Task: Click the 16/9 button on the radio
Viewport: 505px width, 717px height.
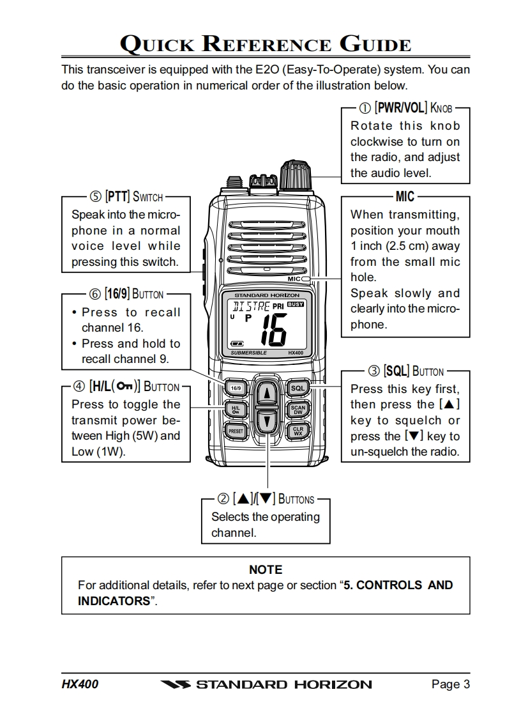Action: click(x=236, y=388)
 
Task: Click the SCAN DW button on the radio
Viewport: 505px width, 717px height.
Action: click(x=298, y=410)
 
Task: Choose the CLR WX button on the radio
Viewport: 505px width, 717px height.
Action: click(x=298, y=431)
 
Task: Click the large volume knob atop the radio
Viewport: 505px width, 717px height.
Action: click(x=296, y=173)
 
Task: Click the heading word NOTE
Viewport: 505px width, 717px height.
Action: click(x=266, y=569)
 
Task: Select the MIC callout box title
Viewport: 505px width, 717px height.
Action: click(x=405, y=197)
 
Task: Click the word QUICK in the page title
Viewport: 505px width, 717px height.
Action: click(x=159, y=45)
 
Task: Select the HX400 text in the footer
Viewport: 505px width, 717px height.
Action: click(x=80, y=684)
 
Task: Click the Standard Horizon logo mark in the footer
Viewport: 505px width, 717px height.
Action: click(x=175, y=685)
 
